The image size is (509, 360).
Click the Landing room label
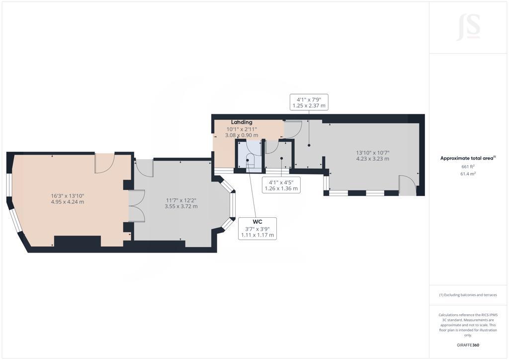click(242, 122)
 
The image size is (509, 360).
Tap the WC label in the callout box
click(257, 222)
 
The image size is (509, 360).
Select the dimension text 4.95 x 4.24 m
click(68, 202)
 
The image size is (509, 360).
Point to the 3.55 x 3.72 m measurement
click(181, 206)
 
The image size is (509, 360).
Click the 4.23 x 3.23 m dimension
click(373, 159)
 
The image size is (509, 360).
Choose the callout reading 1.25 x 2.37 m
click(309, 106)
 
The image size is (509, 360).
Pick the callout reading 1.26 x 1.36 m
click(281, 188)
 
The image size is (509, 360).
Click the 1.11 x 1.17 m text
click(257, 235)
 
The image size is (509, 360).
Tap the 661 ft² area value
click(468, 167)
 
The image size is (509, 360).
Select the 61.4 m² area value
click(468, 174)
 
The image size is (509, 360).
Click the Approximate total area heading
click(468, 159)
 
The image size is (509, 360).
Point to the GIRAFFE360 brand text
click(468, 345)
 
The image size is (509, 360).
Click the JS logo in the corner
click(468, 27)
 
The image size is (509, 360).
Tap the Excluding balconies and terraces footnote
click(468, 295)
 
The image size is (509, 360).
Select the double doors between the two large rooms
click(137, 206)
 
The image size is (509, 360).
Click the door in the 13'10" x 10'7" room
click(408, 185)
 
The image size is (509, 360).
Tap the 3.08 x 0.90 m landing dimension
click(242, 135)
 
